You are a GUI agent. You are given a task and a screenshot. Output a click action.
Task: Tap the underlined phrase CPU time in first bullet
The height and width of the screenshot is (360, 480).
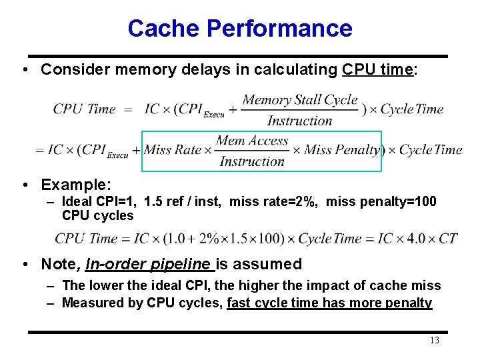(377, 70)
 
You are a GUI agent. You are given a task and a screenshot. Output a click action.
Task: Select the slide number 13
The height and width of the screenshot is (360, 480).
(435, 341)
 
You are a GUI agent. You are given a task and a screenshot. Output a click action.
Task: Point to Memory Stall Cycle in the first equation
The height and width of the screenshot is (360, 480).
(300, 101)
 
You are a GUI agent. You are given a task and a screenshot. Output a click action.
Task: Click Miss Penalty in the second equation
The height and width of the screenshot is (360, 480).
(342, 150)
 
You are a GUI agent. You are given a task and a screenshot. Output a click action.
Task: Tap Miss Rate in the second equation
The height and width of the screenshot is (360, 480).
(173, 150)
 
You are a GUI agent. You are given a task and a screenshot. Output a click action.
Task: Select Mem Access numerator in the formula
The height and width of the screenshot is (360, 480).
(252, 141)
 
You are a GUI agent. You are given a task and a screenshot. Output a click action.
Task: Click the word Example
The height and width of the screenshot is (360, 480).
(75, 184)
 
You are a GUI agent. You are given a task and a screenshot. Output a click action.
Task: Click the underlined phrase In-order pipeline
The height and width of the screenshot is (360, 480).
(149, 264)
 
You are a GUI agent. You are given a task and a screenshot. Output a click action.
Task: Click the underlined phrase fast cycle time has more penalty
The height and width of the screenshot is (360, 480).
(329, 303)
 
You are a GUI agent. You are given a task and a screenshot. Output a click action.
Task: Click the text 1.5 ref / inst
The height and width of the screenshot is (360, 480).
(183, 202)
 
